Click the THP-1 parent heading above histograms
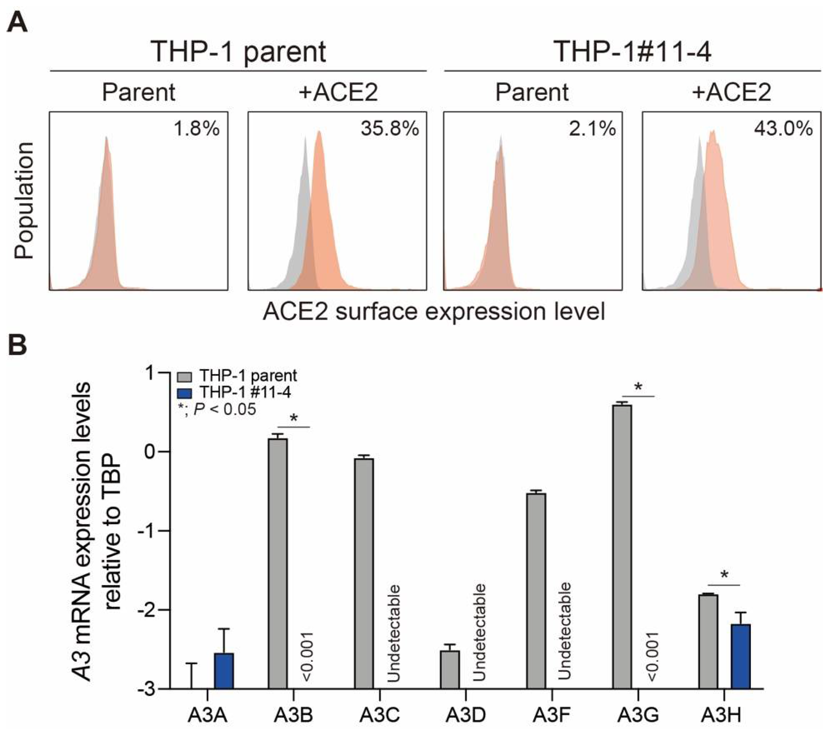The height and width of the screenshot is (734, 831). (x=238, y=52)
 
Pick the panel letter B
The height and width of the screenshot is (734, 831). (x=17, y=345)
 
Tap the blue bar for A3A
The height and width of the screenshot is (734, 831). (x=224, y=671)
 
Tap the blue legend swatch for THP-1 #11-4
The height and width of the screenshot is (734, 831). (x=184, y=393)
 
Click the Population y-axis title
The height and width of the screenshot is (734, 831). (x=24, y=200)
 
